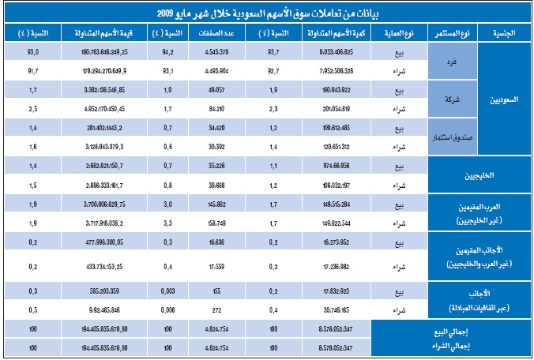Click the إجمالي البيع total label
[474, 324]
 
